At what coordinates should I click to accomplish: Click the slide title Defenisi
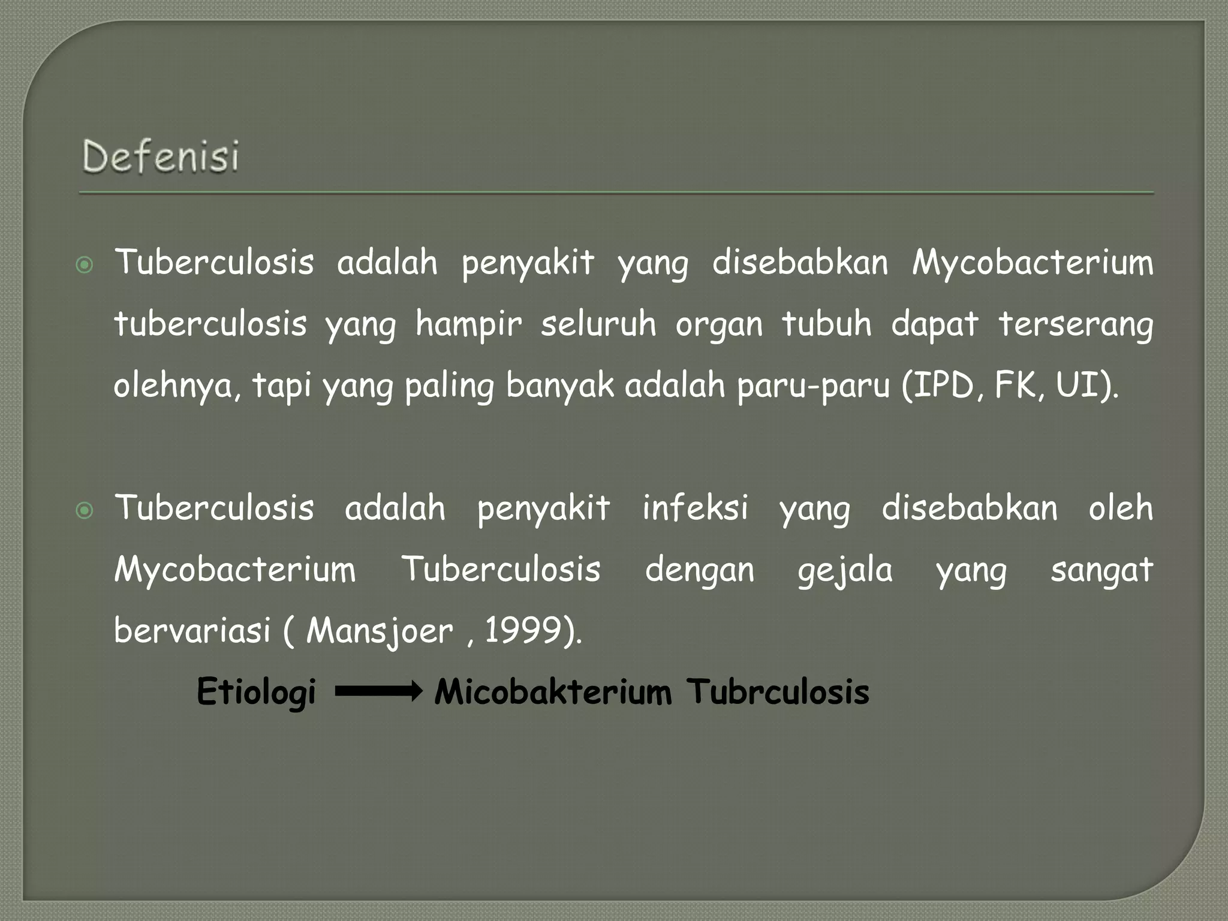[x=161, y=156]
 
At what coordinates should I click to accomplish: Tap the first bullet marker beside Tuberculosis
[x=85, y=264]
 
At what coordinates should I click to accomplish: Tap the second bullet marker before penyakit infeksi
[x=85, y=510]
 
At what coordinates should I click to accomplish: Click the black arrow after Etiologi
[x=378, y=692]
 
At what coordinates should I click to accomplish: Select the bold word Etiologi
[x=256, y=692]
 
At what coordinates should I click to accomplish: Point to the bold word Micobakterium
[x=553, y=692]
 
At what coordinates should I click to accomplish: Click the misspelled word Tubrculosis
[x=778, y=692]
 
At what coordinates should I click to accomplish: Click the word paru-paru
[x=813, y=386]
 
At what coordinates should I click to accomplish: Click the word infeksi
[x=696, y=508]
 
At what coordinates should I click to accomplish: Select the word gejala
[x=845, y=570]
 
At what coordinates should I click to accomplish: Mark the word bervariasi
[x=192, y=630]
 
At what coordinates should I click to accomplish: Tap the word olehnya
[x=176, y=386]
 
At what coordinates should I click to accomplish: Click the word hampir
[x=468, y=324]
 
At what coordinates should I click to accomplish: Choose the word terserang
[x=1076, y=324]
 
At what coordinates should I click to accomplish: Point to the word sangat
[x=1101, y=570]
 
